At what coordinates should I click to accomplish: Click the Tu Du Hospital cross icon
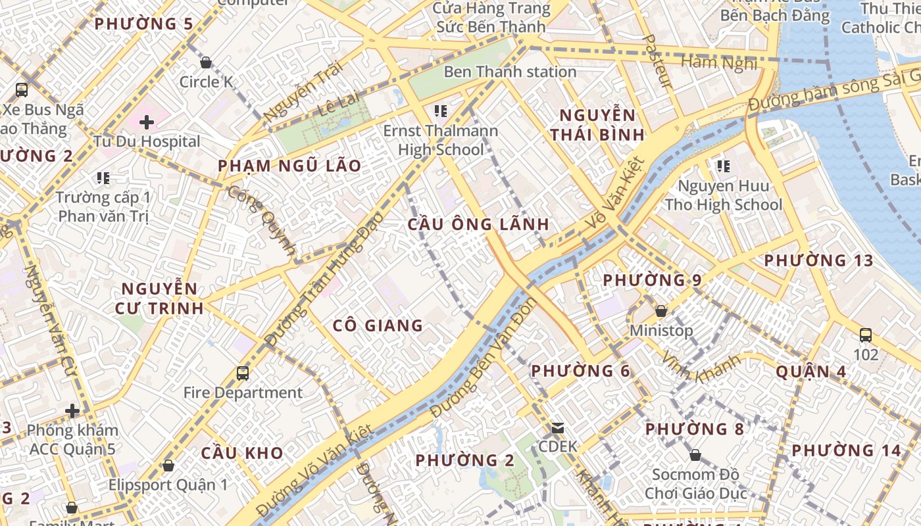coord(146,122)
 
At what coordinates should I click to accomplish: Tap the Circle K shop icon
coord(206,62)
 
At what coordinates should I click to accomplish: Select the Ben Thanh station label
coord(510,72)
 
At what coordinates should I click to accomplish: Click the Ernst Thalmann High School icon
coord(441,110)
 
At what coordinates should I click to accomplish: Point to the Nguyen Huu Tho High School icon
coord(724,166)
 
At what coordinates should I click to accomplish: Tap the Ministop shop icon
coord(661,311)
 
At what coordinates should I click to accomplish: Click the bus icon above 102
coord(866,335)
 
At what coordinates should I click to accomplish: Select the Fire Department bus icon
coord(243,373)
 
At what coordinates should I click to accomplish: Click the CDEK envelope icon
coord(558,428)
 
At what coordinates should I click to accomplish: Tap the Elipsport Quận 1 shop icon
coord(168,466)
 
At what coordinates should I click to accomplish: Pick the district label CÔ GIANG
coord(378,325)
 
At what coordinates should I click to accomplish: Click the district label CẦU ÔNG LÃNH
coord(478,224)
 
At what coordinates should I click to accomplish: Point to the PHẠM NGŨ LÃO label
coord(289,166)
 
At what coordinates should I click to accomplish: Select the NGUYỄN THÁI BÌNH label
coord(597,125)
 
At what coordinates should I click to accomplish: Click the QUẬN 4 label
coord(810,371)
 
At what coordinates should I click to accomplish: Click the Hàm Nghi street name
coord(719,62)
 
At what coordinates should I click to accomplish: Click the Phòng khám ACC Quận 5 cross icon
coord(72,412)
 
